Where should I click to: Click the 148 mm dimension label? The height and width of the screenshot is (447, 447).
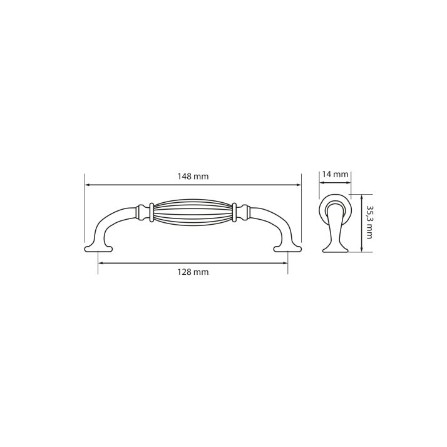tap(193, 177)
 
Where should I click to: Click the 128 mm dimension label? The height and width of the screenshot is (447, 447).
tap(193, 272)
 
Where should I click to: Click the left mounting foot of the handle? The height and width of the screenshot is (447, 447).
tap(99, 249)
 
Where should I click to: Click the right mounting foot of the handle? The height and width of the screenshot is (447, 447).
tap(287, 249)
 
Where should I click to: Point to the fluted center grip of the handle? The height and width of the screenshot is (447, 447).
tap(193, 213)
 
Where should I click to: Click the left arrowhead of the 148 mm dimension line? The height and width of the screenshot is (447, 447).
tap(88, 185)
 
